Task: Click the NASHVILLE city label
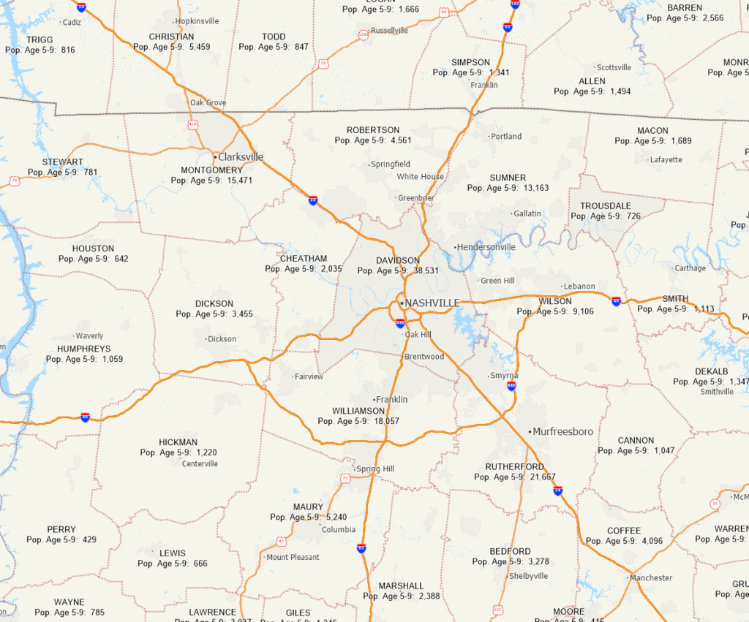click(x=432, y=303)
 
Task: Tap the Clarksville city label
click(x=241, y=156)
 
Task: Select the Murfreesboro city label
click(x=562, y=431)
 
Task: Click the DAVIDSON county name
click(x=398, y=260)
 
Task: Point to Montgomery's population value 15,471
click(x=239, y=180)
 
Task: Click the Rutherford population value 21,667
click(x=541, y=477)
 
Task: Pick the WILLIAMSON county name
click(x=358, y=411)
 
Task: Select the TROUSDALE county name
click(x=605, y=206)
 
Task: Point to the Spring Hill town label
click(x=374, y=469)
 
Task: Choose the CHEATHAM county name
click(x=304, y=259)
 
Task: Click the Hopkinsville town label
click(x=197, y=21)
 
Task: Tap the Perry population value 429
click(x=89, y=539)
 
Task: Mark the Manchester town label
click(x=651, y=577)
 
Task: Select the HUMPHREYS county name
click(x=83, y=349)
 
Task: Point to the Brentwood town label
click(x=424, y=357)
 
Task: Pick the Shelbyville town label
click(x=527, y=576)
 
